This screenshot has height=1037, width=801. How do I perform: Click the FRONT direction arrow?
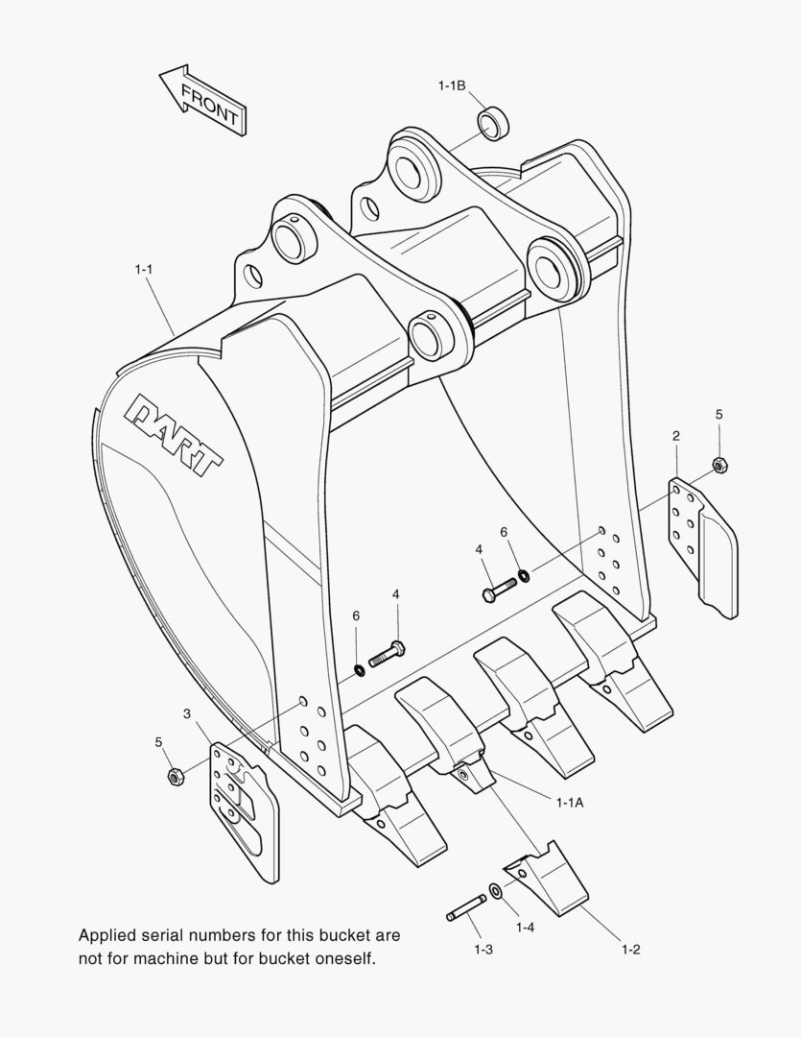[202, 100]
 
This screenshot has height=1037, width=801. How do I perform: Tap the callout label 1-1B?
[451, 86]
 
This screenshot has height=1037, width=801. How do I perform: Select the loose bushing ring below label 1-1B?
[493, 124]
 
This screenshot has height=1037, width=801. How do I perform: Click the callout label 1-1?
[144, 270]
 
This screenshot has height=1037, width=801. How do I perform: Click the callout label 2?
[676, 436]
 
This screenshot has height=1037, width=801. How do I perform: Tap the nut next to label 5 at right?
[719, 466]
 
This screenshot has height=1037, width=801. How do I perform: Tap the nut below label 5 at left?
[175, 775]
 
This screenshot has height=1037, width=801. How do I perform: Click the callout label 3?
[187, 713]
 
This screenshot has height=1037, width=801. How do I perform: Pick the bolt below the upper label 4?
[498, 587]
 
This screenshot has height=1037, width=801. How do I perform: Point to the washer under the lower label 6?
[357, 668]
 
